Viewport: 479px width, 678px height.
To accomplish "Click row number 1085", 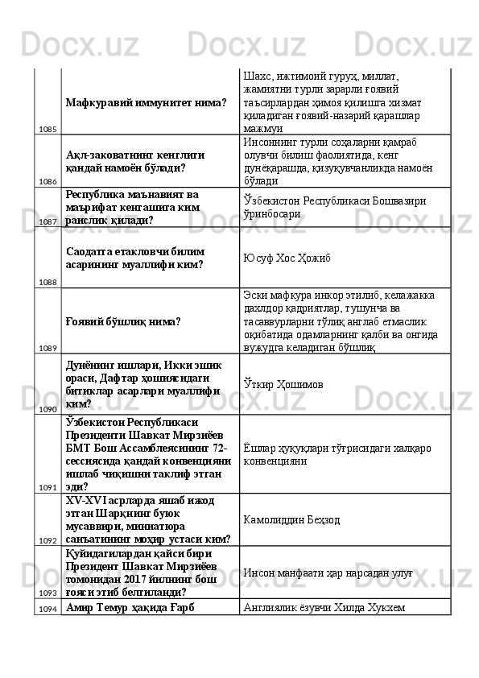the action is (47, 129).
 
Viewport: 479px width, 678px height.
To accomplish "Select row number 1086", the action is (47, 181).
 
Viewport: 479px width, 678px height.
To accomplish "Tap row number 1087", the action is (47, 221).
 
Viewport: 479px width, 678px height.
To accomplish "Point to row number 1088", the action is (47, 282).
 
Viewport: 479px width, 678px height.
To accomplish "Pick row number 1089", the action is (47, 348).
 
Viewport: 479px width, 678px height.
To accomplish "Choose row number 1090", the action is (47, 409).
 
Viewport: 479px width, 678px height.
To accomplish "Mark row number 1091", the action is (47, 487).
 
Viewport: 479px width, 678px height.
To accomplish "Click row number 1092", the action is (47, 540).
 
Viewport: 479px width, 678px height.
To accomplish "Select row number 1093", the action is (47, 592).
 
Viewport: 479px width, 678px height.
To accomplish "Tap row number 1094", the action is (47, 610).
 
